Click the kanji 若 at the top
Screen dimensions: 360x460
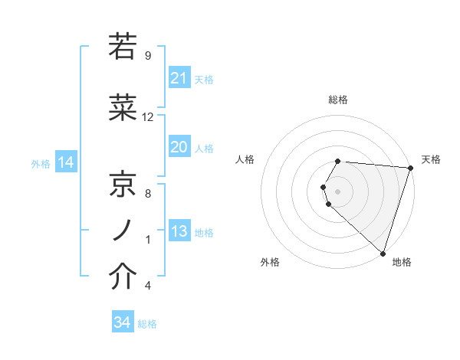click(x=123, y=45)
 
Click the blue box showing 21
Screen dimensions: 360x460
click(x=179, y=77)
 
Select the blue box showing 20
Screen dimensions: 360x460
click(x=179, y=147)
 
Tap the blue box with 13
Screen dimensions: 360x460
click(x=179, y=231)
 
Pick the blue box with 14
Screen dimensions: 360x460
click(x=66, y=162)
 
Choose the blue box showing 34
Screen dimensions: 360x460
click(x=122, y=322)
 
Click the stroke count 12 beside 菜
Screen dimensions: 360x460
click(x=147, y=117)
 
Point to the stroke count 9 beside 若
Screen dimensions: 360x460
click(x=147, y=56)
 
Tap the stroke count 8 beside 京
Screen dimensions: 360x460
click(x=147, y=193)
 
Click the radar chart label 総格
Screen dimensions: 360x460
click(x=338, y=100)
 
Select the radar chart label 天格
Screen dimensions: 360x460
click(x=431, y=159)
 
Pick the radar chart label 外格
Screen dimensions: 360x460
click(x=270, y=262)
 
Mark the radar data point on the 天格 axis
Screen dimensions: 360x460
click(x=410, y=168)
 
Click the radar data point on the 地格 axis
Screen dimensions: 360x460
click(x=383, y=254)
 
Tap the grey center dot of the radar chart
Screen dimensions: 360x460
click(x=338, y=191)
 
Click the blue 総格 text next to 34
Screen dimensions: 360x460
click(x=147, y=324)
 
